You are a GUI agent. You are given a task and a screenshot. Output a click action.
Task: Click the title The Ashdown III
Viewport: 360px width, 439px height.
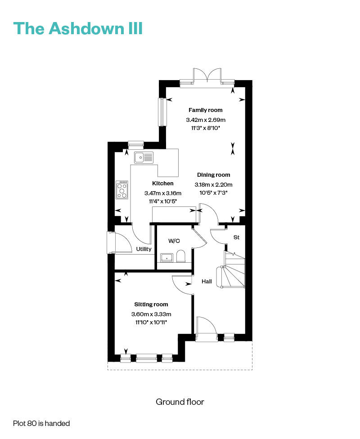pos(78,28)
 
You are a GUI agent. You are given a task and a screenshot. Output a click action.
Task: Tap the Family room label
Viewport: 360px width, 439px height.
pos(205,110)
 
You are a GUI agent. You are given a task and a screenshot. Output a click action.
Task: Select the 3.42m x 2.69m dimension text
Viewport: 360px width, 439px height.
pos(206,120)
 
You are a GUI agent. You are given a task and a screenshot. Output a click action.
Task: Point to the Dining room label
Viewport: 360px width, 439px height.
pos(213,175)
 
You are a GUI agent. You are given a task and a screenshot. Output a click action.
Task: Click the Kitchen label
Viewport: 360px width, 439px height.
pos(163,184)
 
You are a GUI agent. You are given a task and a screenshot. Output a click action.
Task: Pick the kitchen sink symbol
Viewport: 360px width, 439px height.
pos(144,157)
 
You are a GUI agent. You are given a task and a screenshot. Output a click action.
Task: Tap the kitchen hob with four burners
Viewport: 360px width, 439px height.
pos(122,190)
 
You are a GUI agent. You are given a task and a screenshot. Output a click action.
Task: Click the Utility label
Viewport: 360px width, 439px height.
pos(144,249)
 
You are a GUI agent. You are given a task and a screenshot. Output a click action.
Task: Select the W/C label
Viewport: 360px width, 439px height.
pos(174,241)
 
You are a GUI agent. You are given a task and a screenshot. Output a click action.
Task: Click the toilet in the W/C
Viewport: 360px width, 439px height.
pos(181,256)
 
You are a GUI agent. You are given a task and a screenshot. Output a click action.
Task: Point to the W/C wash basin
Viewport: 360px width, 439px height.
pos(166,258)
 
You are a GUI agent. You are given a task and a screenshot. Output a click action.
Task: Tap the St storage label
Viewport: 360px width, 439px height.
pos(236,237)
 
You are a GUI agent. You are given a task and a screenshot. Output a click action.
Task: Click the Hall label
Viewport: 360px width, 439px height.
pos(207,282)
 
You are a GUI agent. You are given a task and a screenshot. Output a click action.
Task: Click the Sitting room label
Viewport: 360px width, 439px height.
pos(151,305)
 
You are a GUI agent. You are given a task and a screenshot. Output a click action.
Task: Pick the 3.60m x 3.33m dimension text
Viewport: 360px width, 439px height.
pos(151,314)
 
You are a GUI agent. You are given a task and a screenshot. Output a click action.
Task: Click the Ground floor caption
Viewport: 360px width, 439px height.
pos(180,402)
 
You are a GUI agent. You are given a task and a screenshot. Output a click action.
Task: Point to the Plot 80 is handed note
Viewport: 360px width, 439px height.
pos(41,423)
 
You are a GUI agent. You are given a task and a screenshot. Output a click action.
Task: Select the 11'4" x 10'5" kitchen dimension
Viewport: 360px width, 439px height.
pos(163,202)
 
